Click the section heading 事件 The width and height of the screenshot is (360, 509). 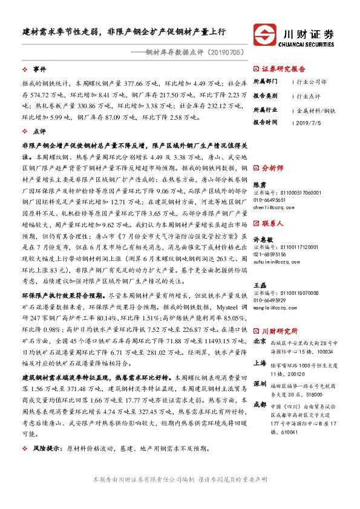point(39,69)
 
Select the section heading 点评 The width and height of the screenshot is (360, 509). point(39,131)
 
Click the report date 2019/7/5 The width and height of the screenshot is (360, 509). point(309,122)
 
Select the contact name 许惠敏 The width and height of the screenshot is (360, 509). point(262,239)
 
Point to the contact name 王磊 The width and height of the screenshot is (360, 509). point(259,285)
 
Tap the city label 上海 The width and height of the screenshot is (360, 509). point(259,362)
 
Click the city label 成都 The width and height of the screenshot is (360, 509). point(259,404)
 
